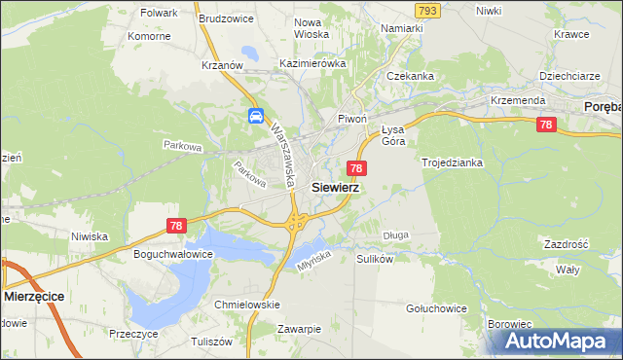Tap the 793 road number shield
(425, 10)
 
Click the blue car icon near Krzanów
(255, 117)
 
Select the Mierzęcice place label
(41, 296)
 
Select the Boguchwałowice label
(172, 255)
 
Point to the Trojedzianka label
(452, 162)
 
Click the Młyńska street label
(313, 256)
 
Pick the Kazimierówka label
(312, 63)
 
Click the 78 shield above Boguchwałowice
(175, 226)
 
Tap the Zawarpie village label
(298, 329)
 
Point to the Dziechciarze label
(569, 76)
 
